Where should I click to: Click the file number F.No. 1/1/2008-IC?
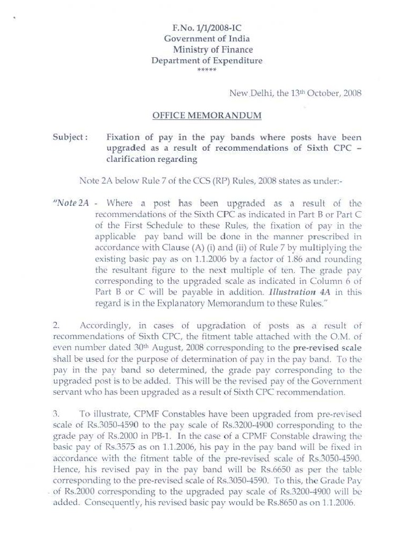point(207,28)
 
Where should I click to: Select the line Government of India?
point(207,39)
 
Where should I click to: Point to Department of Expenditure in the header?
point(207,61)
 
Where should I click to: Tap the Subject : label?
point(70,137)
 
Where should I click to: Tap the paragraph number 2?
point(56,326)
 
